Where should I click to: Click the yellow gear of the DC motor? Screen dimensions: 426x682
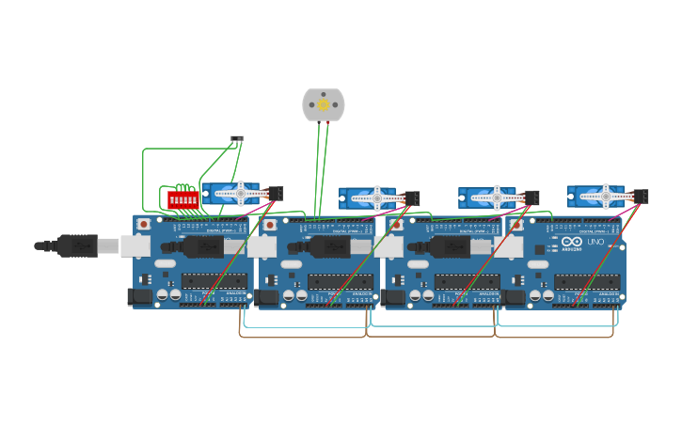coord(324,105)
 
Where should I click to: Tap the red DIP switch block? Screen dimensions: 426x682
coord(183,199)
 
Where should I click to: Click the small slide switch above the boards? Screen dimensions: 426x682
coord(237,140)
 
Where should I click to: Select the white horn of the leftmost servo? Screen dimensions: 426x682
coord(240,194)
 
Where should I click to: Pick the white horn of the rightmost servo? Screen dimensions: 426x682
coord(606,197)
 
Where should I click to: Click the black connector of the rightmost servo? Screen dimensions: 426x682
coord(641,197)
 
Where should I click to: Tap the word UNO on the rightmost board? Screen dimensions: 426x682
coord(595,242)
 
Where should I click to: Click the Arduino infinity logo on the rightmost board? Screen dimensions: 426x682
coord(571,242)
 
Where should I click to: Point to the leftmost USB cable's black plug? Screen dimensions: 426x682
coord(76,245)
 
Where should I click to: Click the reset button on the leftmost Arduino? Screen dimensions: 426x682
coord(144,225)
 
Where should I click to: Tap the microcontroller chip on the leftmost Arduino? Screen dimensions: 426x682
coord(214,281)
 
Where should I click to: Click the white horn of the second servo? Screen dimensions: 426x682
coord(376,198)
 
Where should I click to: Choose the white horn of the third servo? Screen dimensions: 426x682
coord(496,198)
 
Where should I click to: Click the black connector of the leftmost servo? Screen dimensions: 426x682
coord(276,194)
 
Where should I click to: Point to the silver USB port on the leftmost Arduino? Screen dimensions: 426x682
coord(135,246)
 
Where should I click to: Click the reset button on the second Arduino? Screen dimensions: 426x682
coord(270,225)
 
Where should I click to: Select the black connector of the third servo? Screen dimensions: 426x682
coord(531,197)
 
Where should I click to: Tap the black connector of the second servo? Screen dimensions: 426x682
coord(412,198)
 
